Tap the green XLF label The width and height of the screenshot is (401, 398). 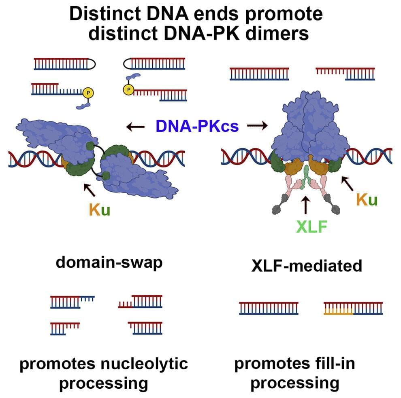click(311, 227)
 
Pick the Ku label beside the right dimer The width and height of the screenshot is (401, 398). click(367, 199)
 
